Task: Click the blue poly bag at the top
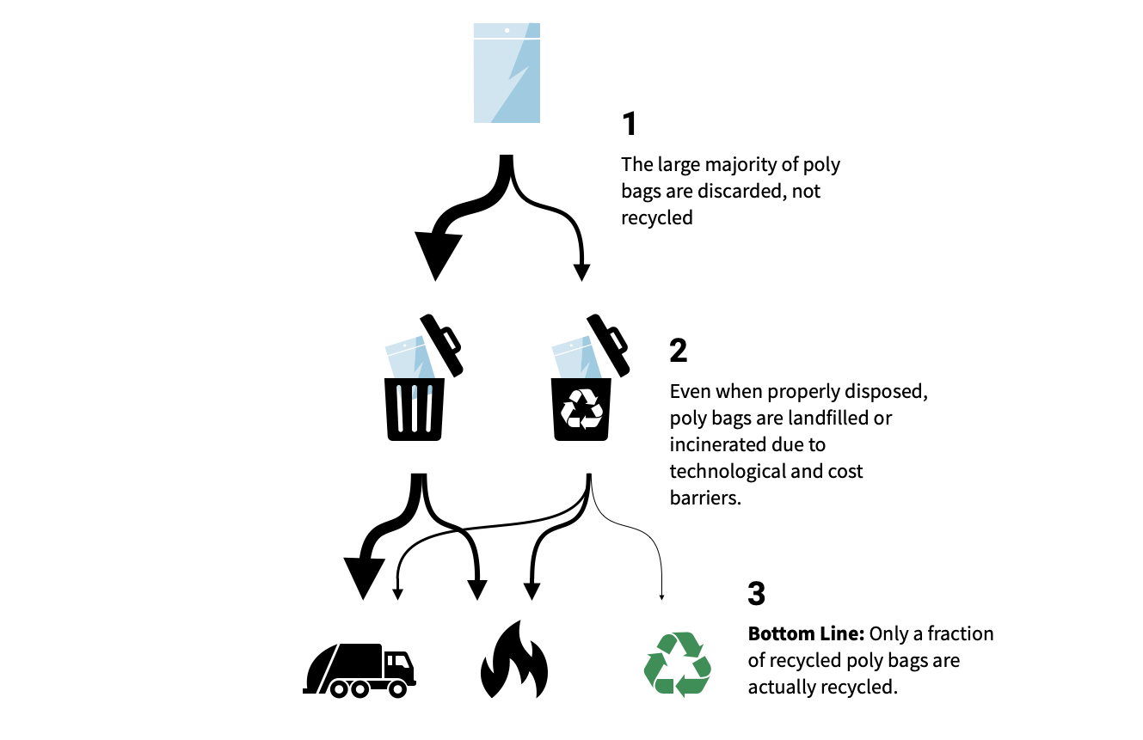point(507,72)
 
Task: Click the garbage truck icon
point(359,670)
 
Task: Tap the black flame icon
point(513,660)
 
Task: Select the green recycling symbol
point(678,664)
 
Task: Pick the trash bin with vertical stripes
point(415,409)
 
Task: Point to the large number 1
point(630,125)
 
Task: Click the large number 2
point(679,351)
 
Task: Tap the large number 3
point(757,594)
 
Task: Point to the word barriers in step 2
point(704,498)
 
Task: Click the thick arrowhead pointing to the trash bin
point(436,254)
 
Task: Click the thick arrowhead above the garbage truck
point(365,576)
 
